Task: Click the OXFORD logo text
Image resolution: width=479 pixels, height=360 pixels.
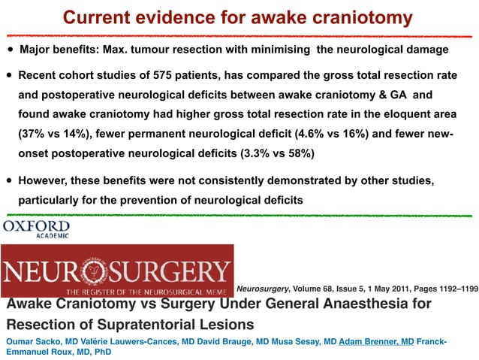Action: pyautogui.click(x=37, y=225)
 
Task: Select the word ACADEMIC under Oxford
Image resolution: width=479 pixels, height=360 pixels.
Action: pyautogui.click(x=53, y=235)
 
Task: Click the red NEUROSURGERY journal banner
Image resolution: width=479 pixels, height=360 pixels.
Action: pyautogui.click(x=116, y=269)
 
